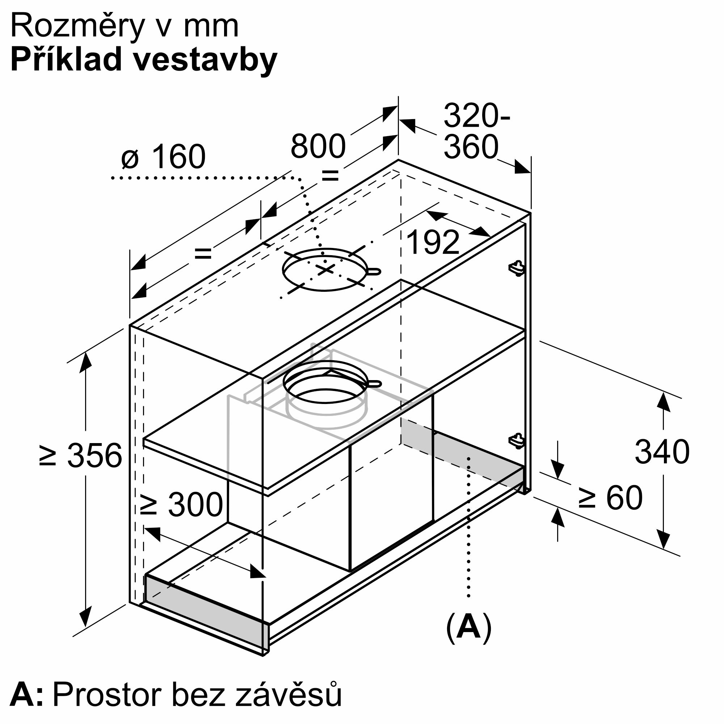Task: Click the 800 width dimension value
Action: (x=318, y=146)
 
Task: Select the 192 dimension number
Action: (x=433, y=243)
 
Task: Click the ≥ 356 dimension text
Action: (x=81, y=456)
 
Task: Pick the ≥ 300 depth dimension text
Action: (x=181, y=504)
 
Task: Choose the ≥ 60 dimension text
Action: (x=610, y=498)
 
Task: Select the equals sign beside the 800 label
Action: (x=330, y=175)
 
